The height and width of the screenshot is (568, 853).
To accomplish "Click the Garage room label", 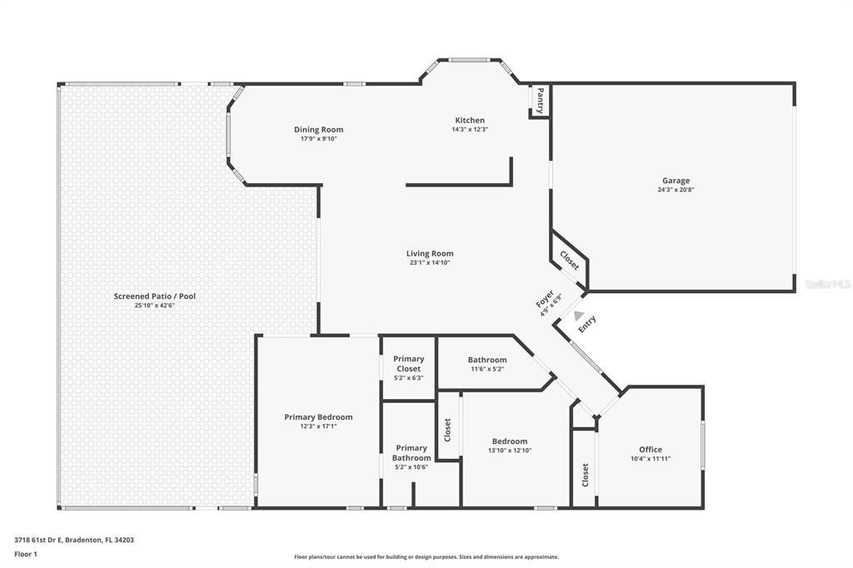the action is [676, 181].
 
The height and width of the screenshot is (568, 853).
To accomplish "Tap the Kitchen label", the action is [470, 120].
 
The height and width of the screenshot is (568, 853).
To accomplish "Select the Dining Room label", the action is [319, 129].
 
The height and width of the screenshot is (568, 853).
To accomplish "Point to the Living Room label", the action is [430, 253].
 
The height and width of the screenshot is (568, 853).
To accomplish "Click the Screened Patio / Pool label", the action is [154, 296].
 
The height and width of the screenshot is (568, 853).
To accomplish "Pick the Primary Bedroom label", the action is [318, 417].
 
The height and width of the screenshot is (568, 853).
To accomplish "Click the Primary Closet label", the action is [408, 364].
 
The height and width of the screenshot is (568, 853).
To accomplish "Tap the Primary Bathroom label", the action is [412, 453].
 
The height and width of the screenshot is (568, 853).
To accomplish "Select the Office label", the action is [651, 450].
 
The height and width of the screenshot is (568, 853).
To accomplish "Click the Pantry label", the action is [540, 101].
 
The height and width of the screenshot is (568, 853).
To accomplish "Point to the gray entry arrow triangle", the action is [578, 316].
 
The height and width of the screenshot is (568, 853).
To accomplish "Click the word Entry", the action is [587, 324].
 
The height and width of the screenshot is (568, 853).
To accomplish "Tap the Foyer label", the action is [545, 299].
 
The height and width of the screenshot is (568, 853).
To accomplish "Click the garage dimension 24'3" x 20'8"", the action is [676, 190].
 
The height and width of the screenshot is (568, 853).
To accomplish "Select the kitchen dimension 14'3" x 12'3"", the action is [470, 129].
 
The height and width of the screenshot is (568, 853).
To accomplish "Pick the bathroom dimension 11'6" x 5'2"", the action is [487, 369].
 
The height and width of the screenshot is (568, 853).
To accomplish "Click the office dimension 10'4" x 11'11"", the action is [651, 459].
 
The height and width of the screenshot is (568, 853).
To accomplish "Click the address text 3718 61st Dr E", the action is [38, 541].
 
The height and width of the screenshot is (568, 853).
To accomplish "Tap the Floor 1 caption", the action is [26, 555].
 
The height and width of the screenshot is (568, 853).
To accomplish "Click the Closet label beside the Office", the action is [586, 475].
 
